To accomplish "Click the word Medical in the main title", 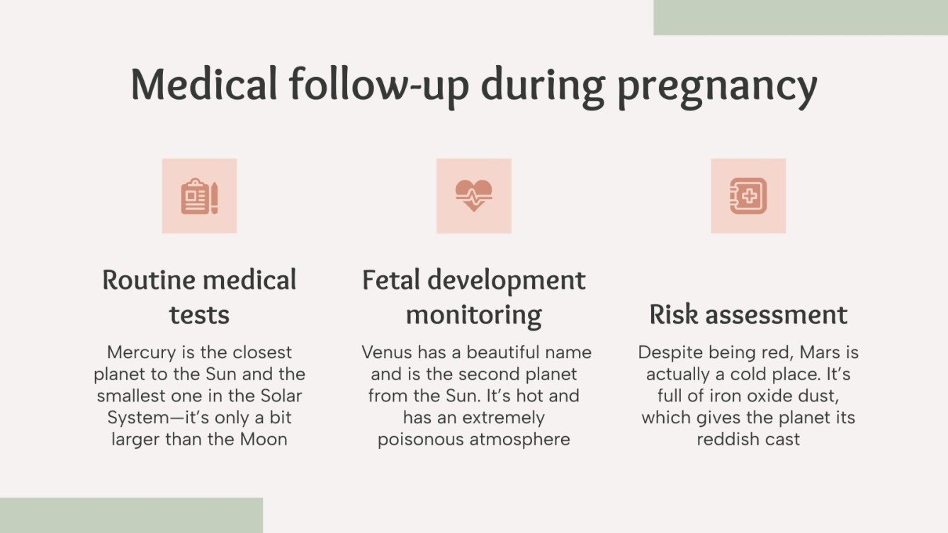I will click(x=204, y=84).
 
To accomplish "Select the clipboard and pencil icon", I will click(x=199, y=196).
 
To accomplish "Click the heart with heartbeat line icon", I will click(x=473, y=196).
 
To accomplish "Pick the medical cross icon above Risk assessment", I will click(x=748, y=196).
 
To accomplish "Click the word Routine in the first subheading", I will click(x=148, y=280).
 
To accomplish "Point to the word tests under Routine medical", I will click(x=199, y=315).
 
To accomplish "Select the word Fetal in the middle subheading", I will click(x=393, y=280).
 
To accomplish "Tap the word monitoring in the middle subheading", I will click(x=473, y=315).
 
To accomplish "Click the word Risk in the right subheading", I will click(x=669, y=315).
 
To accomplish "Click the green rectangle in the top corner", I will click(x=800, y=17).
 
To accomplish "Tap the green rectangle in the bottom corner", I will click(x=131, y=515).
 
